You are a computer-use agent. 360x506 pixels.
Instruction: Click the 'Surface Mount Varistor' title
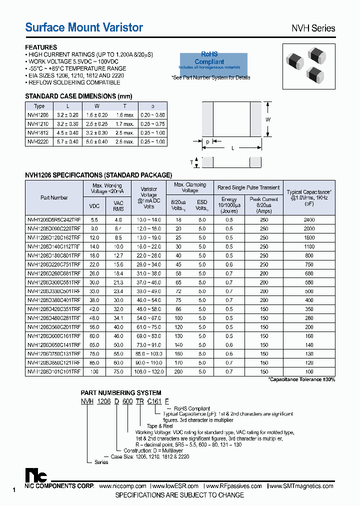point(84,27)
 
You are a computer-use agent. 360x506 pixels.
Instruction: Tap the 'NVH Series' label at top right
point(313,28)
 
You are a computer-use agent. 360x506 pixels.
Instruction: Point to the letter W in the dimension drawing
point(267,119)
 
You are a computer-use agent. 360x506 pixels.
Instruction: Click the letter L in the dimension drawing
point(233,148)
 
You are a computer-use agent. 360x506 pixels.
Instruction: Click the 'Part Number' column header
point(54,197)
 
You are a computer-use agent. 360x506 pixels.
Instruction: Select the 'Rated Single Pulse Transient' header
point(248,187)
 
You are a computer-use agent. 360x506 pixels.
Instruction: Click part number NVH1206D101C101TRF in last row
point(53,372)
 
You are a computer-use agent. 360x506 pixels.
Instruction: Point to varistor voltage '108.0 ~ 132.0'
point(148,372)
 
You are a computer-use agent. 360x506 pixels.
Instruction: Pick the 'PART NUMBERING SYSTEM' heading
point(121,393)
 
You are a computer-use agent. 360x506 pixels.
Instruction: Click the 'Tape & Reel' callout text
point(160,426)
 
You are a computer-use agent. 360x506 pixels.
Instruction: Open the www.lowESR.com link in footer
point(174,486)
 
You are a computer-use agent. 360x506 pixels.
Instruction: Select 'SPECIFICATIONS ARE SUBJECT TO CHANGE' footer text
point(179,495)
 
